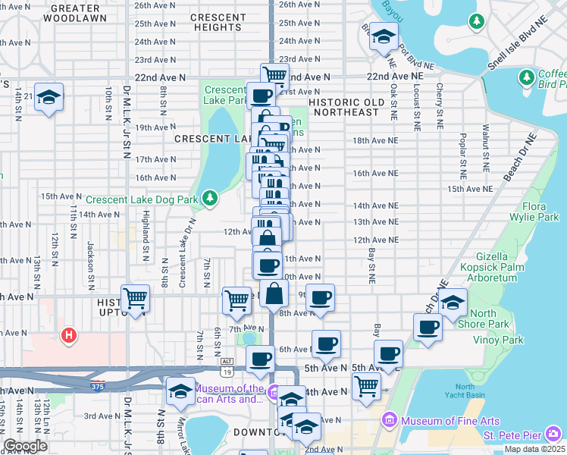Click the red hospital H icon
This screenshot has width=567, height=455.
(x=69, y=334)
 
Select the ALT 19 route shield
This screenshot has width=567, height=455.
(x=227, y=367)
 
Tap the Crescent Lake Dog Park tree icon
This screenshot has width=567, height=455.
(x=209, y=199)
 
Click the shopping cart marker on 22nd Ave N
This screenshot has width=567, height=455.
(x=274, y=75)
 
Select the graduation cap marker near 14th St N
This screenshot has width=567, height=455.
(x=49, y=97)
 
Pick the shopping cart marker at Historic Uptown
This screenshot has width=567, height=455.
(x=135, y=297)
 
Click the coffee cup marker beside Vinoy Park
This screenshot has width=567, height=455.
(x=428, y=328)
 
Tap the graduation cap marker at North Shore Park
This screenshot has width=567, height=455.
(x=453, y=303)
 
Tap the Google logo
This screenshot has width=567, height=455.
(x=26, y=446)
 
